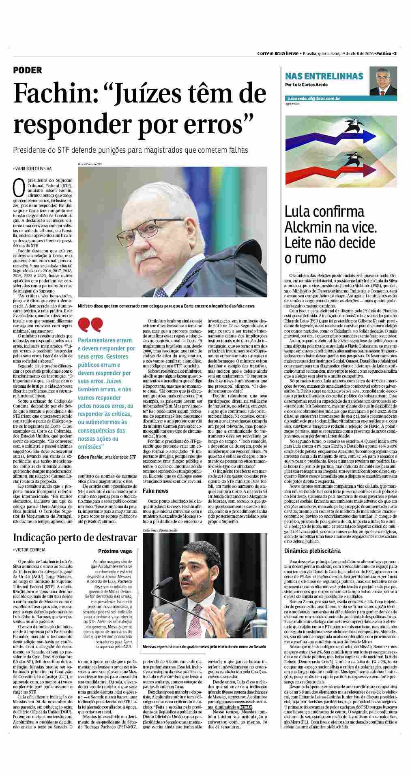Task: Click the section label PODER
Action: (28, 70)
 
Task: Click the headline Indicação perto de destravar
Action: (75, 538)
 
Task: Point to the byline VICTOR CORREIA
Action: (30, 550)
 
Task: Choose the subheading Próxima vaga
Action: (115, 551)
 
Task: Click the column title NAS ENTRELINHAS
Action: (324, 77)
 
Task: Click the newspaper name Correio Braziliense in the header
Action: (278, 53)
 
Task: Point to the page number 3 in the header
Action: (395, 53)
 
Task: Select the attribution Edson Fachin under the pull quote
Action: (90, 457)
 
